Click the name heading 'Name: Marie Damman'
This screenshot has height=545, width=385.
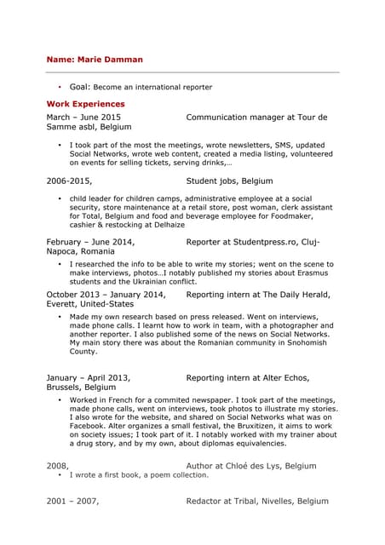click(x=95, y=60)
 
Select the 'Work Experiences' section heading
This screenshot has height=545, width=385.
click(x=85, y=103)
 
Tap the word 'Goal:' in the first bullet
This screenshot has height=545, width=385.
click(x=80, y=87)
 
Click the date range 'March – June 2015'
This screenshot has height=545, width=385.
click(x=83, y=117)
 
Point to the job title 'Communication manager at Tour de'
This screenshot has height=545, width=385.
click(x=256, y=117)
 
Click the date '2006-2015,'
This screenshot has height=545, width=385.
click(x=69, y=181)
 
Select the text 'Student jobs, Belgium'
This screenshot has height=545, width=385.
click(x=229, y=181)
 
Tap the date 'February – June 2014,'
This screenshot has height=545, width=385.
click(x=90, y=242)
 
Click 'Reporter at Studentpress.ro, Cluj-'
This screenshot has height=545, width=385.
click(x=253, y=242)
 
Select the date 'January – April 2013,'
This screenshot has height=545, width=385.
click(x=88, y=377)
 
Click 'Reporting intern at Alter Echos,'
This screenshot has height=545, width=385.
click(x=248, y=377)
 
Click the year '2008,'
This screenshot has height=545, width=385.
click(x=57, y=466)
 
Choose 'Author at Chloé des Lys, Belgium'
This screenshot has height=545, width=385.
click(x=251, y=466)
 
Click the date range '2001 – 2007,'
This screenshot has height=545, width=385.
click(x=72, y=502)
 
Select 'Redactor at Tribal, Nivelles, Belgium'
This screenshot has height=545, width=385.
click(x=257, y=502)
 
